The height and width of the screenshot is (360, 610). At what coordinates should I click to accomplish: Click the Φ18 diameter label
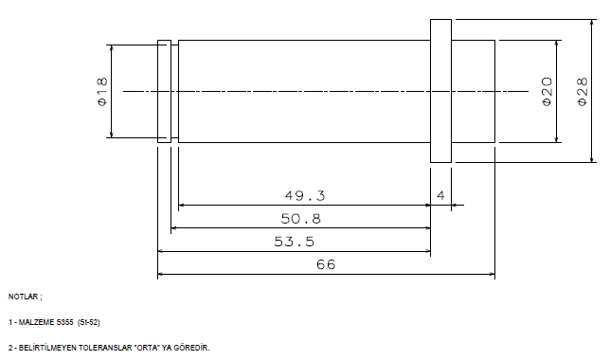click(x=102, y=92)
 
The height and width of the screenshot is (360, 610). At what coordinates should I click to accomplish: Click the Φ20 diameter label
click(x=547, y=92)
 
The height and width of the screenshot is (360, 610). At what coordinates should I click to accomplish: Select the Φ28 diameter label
click(x=583, y=92)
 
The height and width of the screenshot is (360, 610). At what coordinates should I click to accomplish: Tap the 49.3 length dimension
click(x=305, y=195)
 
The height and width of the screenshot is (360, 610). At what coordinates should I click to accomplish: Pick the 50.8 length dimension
click(x=300, y=219)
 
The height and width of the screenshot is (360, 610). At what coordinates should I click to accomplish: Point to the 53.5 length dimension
click(x=294, y=242)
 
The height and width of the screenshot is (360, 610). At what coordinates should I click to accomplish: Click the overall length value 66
click(x=326, y=264)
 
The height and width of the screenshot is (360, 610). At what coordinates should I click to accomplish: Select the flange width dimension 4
click(x=440, y=195)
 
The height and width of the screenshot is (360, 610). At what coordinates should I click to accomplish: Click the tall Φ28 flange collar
click(x=440, y=91)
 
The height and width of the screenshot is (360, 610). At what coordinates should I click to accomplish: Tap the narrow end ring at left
click(x=164, y=91)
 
